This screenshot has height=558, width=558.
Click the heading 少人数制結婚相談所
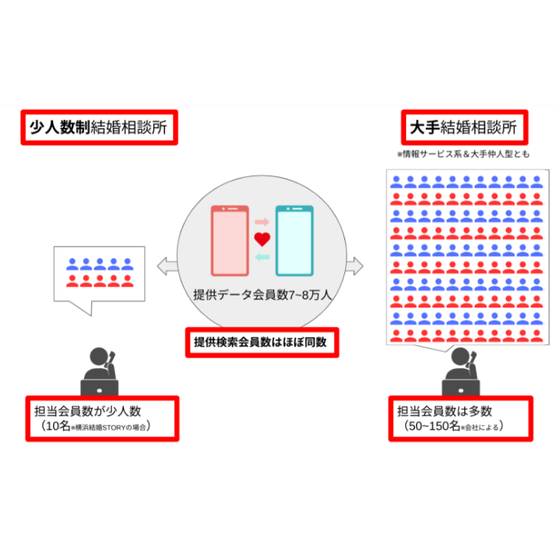pos(99,128)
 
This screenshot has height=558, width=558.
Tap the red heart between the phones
pos(263,239)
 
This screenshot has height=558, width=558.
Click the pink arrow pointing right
pos(263,221)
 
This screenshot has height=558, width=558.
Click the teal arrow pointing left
pos(263,257)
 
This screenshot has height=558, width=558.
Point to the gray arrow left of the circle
pos(166,265)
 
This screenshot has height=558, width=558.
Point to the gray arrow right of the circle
pos(356,265)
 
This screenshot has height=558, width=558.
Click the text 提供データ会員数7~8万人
pos(262,295)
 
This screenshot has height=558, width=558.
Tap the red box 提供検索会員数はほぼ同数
pos(261,342)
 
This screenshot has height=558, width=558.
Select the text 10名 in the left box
pos(57,426)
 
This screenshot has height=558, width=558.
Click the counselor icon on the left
pos(100,371)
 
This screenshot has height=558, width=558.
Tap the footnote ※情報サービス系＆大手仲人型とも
pos(463,153)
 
